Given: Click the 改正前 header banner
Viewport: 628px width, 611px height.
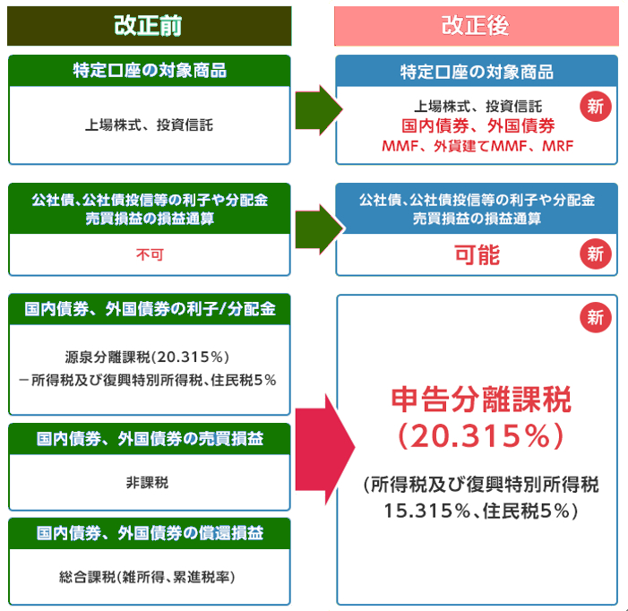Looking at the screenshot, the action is point(149,26).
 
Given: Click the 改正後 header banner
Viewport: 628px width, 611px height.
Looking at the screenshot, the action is point(477,26).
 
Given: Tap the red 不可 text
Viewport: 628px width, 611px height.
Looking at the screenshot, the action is point(150,254).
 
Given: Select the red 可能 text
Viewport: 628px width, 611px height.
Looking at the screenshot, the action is point(477,254).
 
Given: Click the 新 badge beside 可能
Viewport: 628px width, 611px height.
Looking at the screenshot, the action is point(596,254).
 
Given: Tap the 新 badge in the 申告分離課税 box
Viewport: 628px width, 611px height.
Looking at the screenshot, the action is point(596,317).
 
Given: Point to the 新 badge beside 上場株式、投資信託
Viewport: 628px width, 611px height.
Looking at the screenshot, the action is point(596,107).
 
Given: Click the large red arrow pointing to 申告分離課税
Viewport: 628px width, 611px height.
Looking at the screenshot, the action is point(325,449).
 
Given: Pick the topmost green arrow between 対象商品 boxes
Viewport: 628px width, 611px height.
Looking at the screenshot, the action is point(319,110).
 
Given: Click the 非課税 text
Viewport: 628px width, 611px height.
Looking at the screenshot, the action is point(148,483).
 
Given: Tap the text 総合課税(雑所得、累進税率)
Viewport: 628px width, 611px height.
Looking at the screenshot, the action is point(147,577).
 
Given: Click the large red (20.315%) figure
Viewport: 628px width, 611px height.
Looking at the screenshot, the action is point(481,436).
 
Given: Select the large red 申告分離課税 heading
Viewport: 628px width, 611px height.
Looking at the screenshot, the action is point(481,400).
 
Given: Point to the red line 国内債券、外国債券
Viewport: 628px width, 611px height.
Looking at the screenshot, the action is point(477,125).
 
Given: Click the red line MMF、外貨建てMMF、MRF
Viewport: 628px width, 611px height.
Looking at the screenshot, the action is point(477,146).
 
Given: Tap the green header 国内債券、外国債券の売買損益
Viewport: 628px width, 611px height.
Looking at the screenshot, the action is point(150,439).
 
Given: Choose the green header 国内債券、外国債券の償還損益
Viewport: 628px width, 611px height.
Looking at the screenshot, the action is point(150,533).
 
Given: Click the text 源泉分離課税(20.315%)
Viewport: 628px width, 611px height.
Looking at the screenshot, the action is point(147,357).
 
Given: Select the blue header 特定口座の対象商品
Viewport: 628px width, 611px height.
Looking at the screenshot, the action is point(477,72).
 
